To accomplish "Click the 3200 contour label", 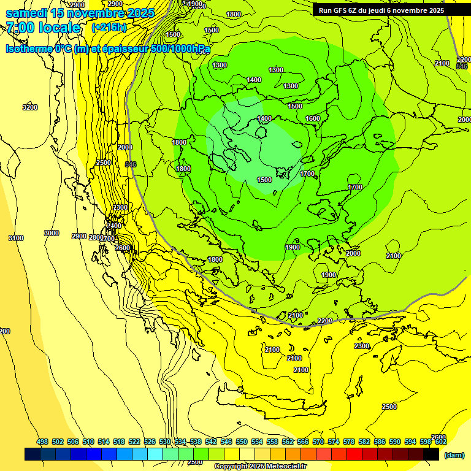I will [x=29, y=107].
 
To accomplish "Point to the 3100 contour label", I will [x=16, y=238].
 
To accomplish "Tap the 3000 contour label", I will [x=52, y=233].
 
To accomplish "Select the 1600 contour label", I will [x=313, y=118].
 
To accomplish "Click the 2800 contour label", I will [x=96, y=237].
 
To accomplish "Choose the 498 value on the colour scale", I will [x=42, y=442].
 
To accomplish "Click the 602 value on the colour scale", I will [x=440, y=442].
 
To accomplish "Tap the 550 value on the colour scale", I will [x=242, y=442].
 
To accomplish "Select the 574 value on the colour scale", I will [x=334, y=442].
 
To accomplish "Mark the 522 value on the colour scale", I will [x=134, y=442].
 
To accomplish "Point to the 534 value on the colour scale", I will [x=180, y=442].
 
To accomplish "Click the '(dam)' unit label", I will [x=454, y=454].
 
